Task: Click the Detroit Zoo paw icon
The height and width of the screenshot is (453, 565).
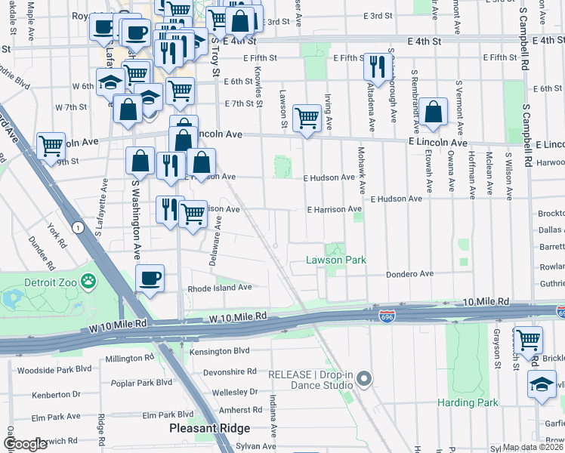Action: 90,282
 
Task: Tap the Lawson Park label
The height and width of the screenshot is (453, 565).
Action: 335,260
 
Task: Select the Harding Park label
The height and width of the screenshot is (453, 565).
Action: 468,402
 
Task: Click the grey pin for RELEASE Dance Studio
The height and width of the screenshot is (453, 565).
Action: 365,378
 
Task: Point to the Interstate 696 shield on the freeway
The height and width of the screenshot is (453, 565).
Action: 387,315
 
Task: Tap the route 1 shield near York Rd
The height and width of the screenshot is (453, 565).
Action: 77,226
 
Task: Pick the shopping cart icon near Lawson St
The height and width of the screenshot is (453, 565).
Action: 306,118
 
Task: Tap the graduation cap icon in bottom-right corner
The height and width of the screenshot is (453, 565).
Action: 542,384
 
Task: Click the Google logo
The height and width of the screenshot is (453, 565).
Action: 26,444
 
